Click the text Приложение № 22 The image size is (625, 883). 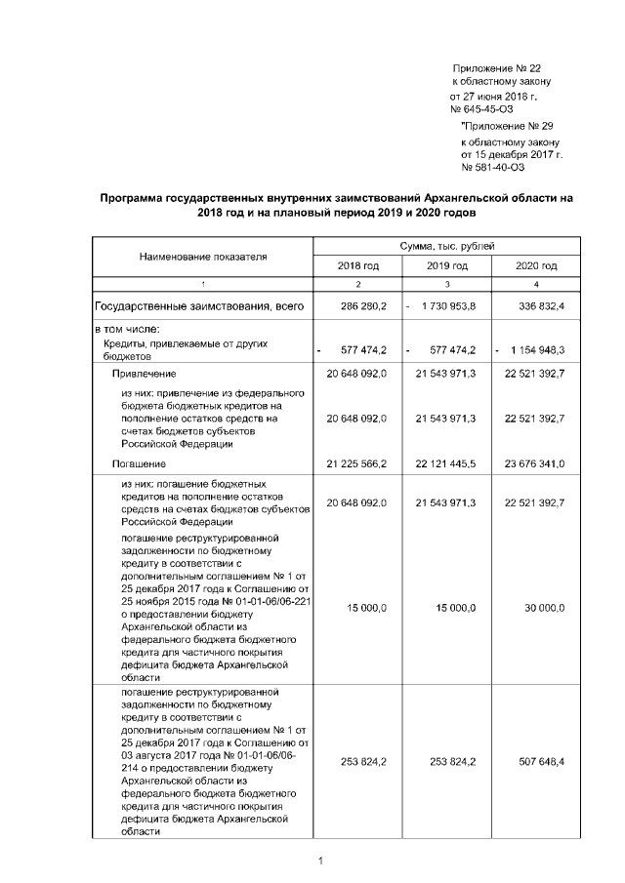496,68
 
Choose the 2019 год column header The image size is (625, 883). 446,265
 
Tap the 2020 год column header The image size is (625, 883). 536,265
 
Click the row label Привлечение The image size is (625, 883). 144,373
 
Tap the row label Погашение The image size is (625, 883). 138,463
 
